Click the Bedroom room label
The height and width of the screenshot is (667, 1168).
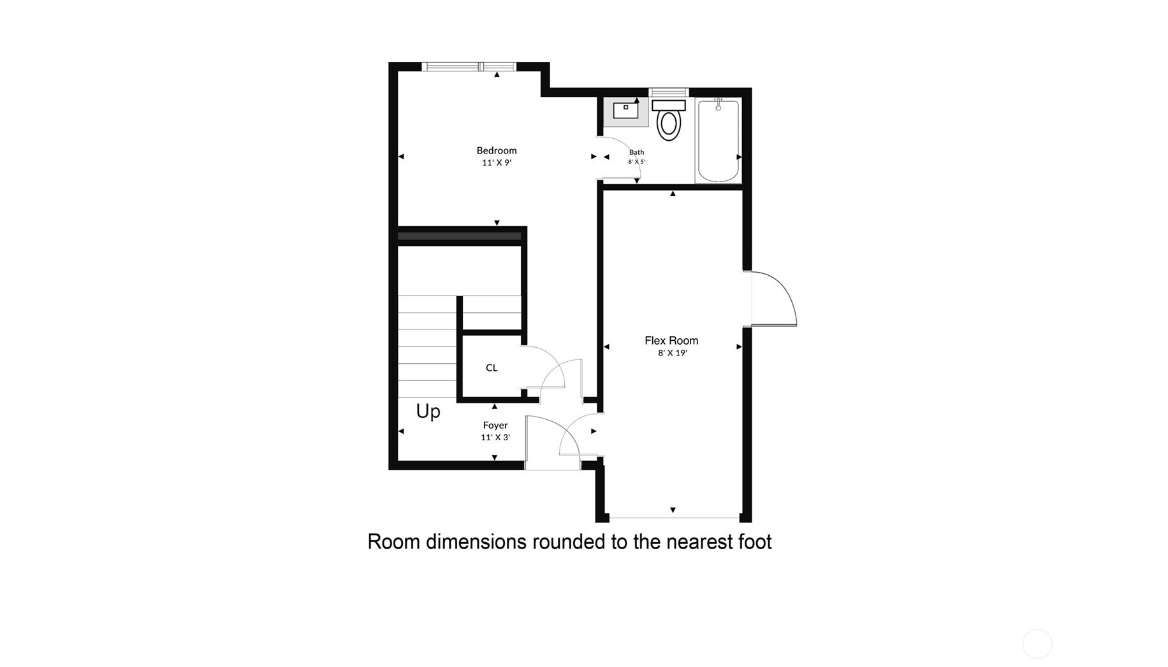coord(496,150)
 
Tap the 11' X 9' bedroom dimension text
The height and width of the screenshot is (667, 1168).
coord(496,162)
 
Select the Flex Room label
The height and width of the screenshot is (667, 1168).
coord(671,341)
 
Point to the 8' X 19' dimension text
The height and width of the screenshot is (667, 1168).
coord(672,353)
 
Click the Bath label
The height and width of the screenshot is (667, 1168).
coord(636,152)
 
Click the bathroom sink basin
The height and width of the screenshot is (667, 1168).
coord(625,110)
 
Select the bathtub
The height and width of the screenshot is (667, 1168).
coord(719,141)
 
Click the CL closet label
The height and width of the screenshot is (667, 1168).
coord(491,368)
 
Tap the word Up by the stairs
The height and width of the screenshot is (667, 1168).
coord(428,412)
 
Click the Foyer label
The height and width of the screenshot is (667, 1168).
coord(495,425)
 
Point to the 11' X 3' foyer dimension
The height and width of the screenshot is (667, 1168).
coord(495,437)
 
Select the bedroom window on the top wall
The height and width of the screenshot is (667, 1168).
coord(470,66)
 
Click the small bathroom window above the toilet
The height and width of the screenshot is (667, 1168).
coord(668,92)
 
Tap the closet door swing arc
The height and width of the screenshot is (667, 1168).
coord(548,363)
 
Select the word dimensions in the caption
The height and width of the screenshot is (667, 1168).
coord(476,541)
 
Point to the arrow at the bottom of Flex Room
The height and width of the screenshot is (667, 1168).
coord(673,510)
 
